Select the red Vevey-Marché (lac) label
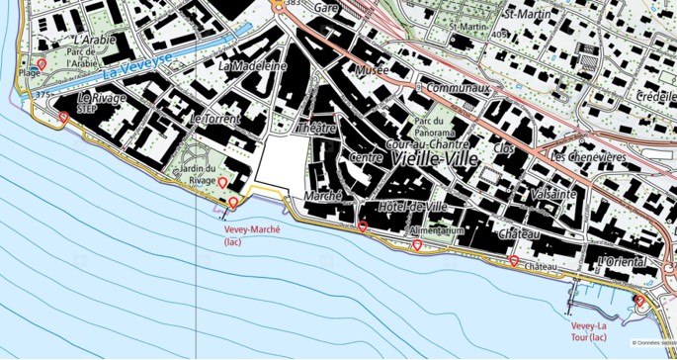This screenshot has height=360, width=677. point(253,234)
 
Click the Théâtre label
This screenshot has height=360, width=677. point(317,128)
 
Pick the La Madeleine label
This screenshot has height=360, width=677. point(253,66)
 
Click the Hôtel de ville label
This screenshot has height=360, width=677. point(413,207)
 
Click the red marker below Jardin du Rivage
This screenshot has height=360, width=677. point(222,183)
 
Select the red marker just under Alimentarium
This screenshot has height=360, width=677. point(417,244)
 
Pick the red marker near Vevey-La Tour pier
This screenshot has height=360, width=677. point(639,301)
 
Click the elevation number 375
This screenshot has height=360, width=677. point(42,94)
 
